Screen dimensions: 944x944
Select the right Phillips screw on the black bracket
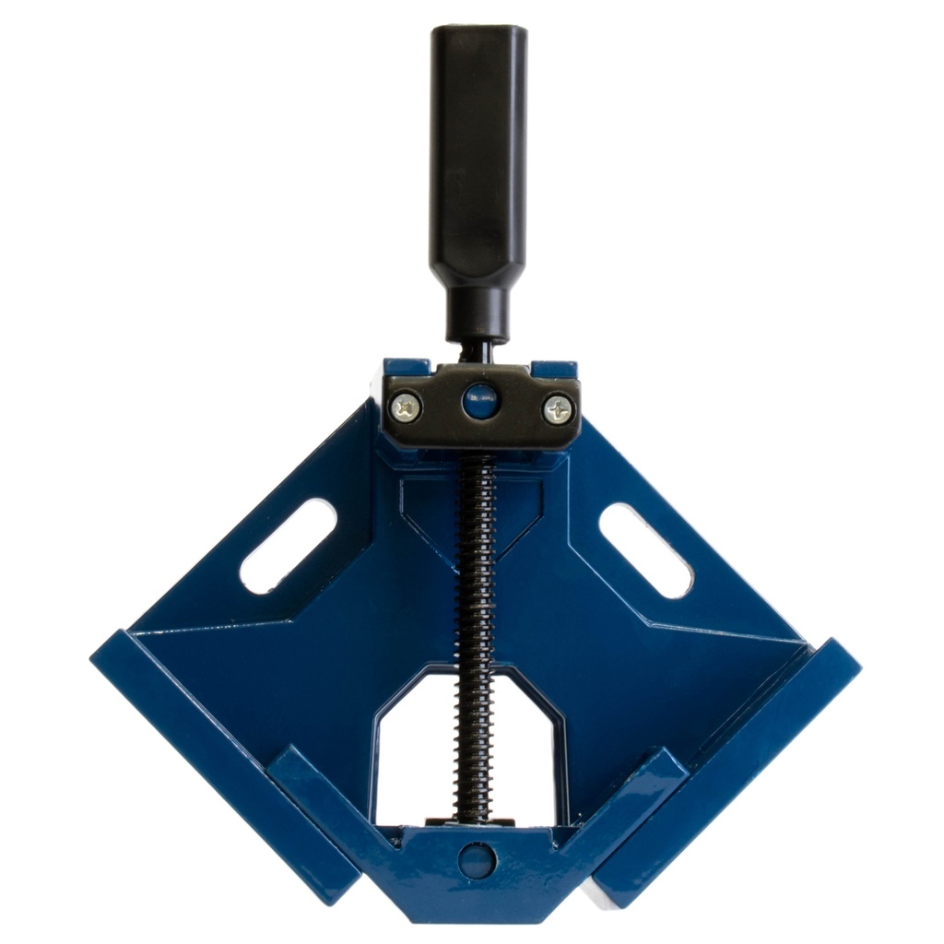click(x=557, y=408)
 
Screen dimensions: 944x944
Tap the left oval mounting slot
click(x=287, y=545)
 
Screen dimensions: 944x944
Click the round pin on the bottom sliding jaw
click(x=478, y=859)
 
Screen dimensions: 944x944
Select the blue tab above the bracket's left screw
click(x=406, y=367)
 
